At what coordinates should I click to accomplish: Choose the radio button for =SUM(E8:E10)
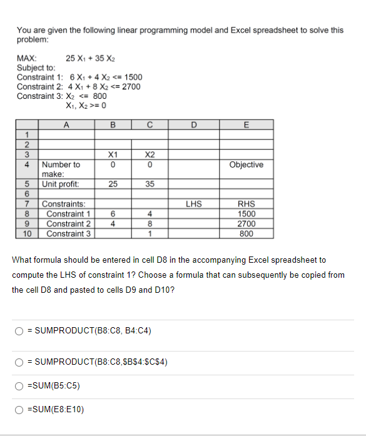(20, 410)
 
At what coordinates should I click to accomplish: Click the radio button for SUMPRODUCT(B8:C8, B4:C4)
(20, 330)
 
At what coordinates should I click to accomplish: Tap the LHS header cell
(194, 203)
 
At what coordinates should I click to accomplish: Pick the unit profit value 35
(150, 185)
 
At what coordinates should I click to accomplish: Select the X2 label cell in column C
(150, 154)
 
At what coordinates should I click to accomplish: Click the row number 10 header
(28, 233)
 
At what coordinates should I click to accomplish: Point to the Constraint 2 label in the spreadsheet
(69, 223)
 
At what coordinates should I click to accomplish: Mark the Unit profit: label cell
(61, 185)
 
